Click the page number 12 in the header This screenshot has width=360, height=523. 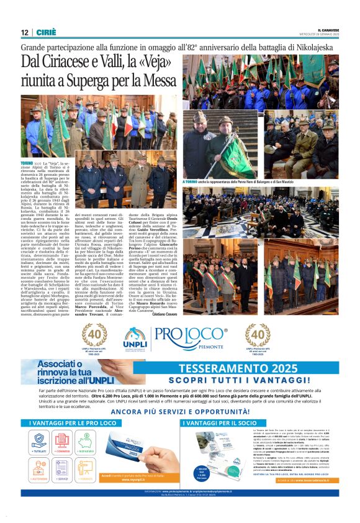[24, 32]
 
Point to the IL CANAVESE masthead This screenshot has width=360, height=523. [327, 30]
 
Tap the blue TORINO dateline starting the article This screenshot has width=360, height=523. [27, 161]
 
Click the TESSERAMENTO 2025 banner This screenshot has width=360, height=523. [248, 368]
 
